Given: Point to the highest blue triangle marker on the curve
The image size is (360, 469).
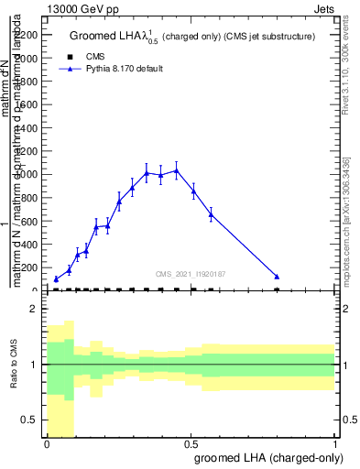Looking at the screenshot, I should (x=177, y=170).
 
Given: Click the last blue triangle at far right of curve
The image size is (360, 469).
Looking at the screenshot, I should (x=277, y=276).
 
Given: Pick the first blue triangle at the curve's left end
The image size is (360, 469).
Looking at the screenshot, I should (x=56, y=278).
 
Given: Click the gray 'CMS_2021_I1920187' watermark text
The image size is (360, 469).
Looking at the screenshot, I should (x=190, y=273).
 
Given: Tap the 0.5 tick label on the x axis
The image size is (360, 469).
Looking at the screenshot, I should (x=191, y=442).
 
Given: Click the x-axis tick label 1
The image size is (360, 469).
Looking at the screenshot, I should (x=335, y=442).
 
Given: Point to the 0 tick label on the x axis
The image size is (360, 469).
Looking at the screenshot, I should (x=47, y=442).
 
